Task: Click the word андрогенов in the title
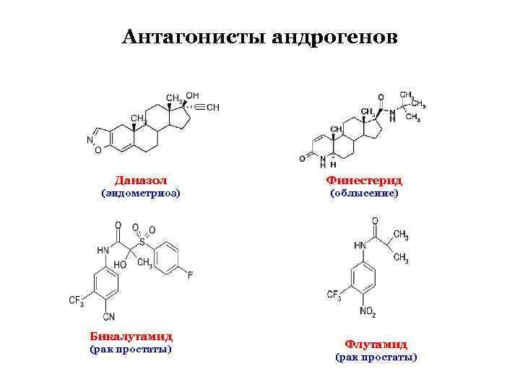point(334,35)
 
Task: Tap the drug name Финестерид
point(364,180)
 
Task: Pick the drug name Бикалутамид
point(131,336)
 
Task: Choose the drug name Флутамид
point(376,344)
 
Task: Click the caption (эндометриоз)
point(140,194)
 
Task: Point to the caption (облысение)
point(364,194)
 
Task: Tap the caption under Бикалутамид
point(131,350)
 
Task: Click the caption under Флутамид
point(376,357)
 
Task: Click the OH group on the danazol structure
point(192,95)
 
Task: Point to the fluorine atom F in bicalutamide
point(189,275)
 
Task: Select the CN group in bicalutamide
point(109,316)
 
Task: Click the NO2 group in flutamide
point(367,313)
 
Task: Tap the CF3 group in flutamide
point(334,295)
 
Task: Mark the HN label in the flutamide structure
point(360,246)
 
